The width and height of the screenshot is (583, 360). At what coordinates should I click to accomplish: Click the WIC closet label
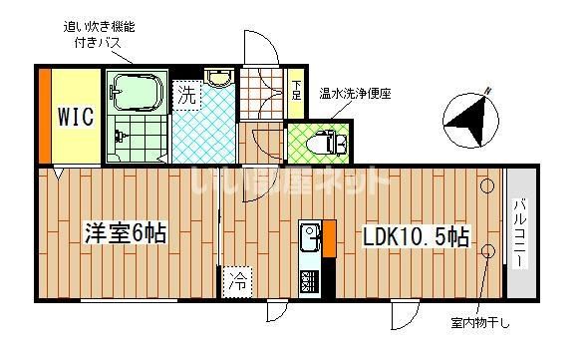click(75, 117)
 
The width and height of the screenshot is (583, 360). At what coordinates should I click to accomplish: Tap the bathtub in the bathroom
click(135, 92)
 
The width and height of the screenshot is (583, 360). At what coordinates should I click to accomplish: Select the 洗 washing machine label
click(187, 97)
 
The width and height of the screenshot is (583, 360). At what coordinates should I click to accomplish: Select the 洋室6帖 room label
click(125, 235)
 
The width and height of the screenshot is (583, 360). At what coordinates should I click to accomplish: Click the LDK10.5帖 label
click(416, 239)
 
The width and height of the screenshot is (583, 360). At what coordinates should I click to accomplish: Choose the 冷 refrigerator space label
click(236, 281)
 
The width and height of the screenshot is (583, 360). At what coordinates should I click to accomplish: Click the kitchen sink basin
click(308, 238)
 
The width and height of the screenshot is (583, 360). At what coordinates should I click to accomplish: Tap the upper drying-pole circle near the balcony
click(486, 186)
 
